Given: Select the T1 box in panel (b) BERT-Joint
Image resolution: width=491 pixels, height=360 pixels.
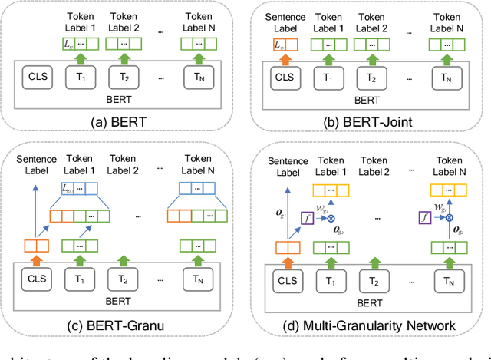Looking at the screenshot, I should coord(329,77).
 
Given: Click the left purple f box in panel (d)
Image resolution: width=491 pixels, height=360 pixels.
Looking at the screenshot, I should coord(308,217).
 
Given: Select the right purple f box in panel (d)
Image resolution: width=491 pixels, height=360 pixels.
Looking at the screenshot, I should coord(423,217).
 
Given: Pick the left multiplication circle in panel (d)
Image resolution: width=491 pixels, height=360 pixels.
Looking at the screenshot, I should coord(331,217).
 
